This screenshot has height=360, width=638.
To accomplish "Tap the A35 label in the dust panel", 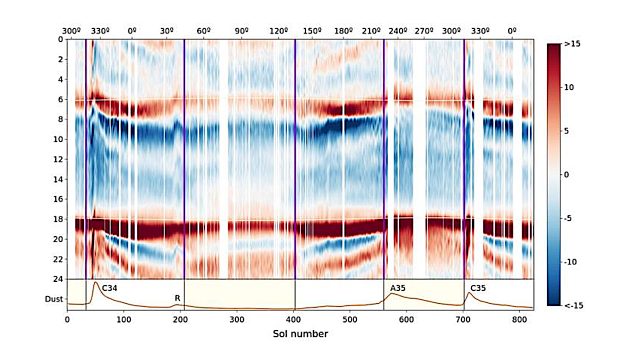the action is point(397,288).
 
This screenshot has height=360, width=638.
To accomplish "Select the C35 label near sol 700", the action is point(478,288).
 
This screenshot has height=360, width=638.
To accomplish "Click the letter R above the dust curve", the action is point(177,298).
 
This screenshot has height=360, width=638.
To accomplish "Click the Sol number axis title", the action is point(300,334).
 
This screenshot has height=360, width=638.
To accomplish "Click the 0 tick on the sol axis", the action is point(67,319).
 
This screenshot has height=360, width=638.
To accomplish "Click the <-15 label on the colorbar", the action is point(571,305).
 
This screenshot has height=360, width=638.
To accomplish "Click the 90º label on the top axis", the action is point(241,30).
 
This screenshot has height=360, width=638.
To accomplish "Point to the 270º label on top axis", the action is point(423,30).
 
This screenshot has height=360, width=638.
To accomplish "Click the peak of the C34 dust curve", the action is point(95,282).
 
